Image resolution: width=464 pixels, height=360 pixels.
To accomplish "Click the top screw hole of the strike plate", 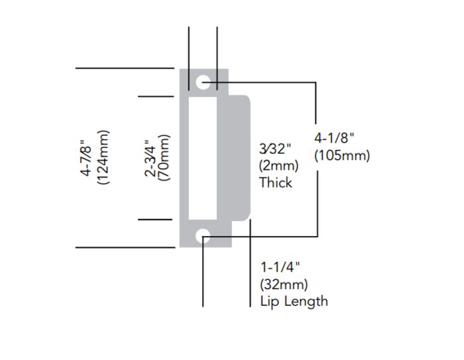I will tap(204, 82).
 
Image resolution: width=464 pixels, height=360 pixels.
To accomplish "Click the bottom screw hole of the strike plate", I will tap(203, 235).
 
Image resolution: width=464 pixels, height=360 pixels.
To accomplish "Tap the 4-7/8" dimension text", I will tap(87, 157).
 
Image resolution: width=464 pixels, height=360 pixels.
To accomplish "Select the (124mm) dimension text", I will tap(103, 157).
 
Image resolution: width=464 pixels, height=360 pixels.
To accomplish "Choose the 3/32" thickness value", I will tap(274, 149).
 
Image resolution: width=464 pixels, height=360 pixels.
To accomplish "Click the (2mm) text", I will tap(278, 165).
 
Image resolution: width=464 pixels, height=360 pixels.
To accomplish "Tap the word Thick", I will tap(276, 182).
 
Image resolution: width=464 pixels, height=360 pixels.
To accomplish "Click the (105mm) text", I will tap(342, 155).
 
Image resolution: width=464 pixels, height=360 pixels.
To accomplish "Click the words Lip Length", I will tap(294, 301).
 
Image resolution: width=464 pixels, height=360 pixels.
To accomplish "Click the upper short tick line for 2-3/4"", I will tap(156, 96).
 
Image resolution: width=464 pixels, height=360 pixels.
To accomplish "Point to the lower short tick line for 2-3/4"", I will tap(156, 219).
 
